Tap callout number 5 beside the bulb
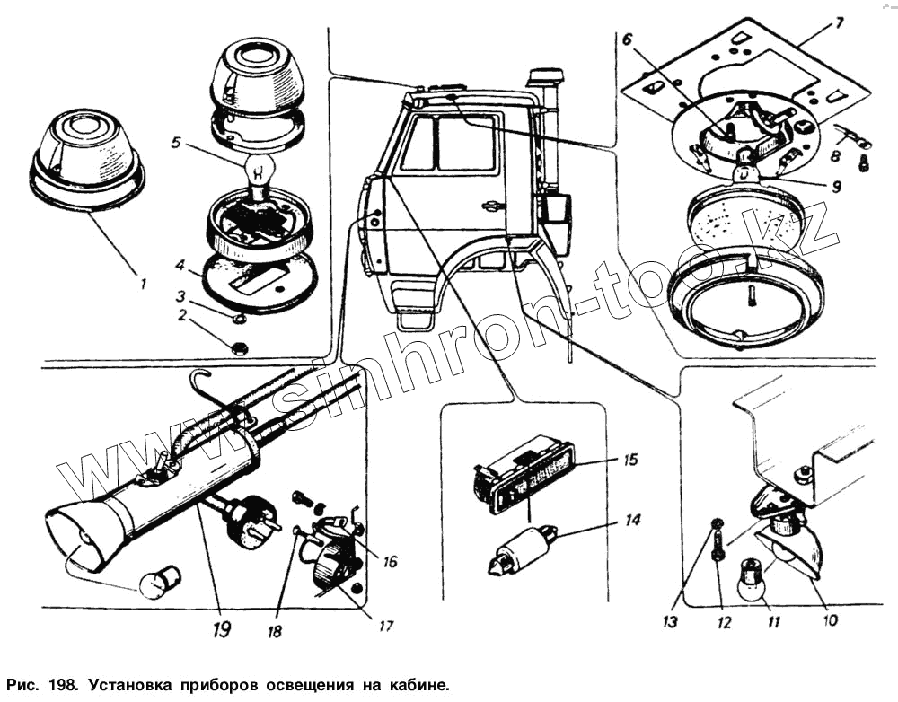[174, 141]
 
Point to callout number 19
[221, 629]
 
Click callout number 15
[630, 460]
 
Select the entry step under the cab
[416, 320]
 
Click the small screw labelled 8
[864, 162]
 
